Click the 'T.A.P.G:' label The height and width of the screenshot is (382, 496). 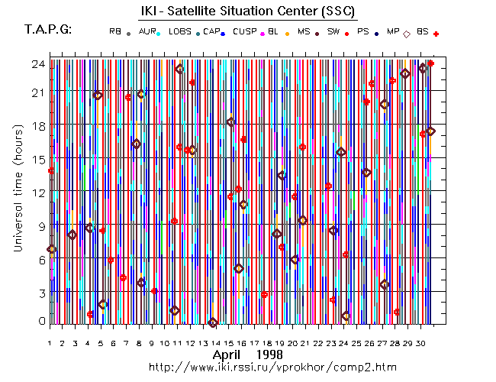48,29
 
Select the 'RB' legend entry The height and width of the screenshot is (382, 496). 114,31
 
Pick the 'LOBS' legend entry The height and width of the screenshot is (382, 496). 180,31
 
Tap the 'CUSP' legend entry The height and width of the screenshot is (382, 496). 245,31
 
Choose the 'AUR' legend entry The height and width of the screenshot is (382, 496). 147,31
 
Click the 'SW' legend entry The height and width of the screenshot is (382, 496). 333,31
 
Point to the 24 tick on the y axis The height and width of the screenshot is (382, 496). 36,64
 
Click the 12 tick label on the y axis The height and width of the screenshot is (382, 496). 36,192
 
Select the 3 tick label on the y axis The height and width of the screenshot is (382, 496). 39,293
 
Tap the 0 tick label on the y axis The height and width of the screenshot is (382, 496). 39,321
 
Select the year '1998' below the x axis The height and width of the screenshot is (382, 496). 269,355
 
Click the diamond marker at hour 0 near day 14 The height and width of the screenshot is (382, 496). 213,323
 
